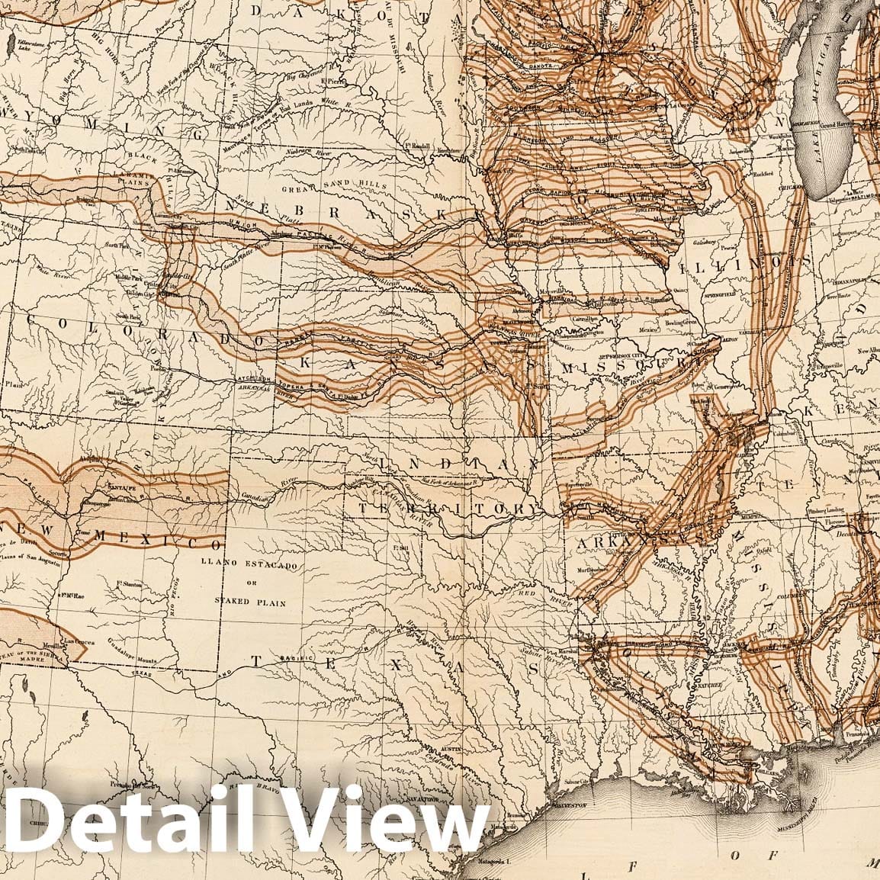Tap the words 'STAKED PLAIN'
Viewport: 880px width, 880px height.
pyautogui.click(x=249, y=602)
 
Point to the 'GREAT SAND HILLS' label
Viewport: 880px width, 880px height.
pyautogui.click(x=334, y=186)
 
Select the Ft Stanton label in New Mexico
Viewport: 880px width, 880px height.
pyautogui.click(x=130, y=585)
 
